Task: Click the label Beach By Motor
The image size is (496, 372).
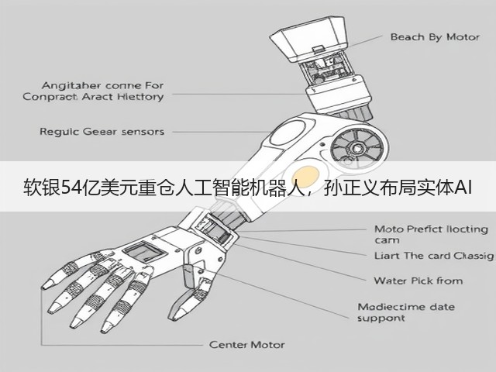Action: tap(435, 37)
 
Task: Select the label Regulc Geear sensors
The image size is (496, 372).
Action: tap(102, 132)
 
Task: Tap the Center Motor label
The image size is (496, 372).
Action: tap(247, 344)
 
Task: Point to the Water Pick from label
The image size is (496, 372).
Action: tap(418, 281)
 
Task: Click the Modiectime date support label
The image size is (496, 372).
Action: tap(406, 312)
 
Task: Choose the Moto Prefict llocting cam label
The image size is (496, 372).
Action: tap(431, 234)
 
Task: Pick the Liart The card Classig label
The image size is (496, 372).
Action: tap(434, 256)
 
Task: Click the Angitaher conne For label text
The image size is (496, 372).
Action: tap(102, 85)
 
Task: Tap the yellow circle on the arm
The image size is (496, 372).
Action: tap(305, 177)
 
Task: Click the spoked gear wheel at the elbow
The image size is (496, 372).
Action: tap(356, 148)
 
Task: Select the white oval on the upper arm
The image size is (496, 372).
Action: tap(288, 133)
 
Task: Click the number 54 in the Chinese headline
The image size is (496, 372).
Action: tap(69, 188)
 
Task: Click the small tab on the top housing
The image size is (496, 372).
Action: tap(318, 49)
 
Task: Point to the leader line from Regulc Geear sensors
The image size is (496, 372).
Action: tap(222, 132)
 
